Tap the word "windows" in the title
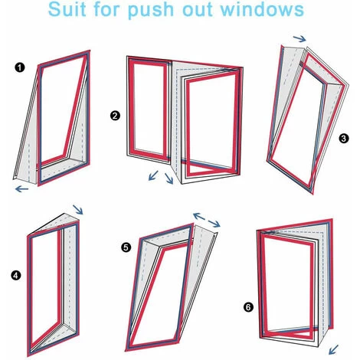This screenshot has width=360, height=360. (262, 9)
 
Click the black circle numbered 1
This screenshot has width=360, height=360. (20, 67)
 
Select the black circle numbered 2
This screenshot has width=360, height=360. (115, 116)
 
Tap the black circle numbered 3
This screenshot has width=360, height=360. (343, 139)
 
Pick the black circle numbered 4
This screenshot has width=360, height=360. (16, 276)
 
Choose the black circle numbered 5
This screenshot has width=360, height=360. (126, 247)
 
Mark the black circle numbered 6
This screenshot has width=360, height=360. (248, 306)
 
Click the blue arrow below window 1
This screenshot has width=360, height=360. (21, 189)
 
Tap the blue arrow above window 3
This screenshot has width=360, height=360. (299, 38)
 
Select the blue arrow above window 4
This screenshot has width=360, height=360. (78, 209)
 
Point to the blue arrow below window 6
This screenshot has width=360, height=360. (333, 349)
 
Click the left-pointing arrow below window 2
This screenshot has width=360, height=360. (153, 175)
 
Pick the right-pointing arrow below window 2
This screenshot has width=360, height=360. (169, 178)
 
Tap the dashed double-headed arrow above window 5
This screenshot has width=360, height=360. (207, 220)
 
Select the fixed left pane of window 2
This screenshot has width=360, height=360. (148, 107)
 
